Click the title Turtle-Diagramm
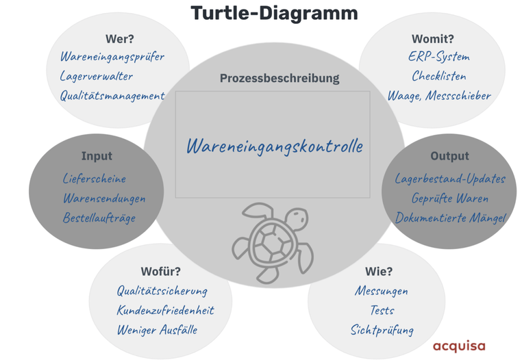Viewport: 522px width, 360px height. tap(273, 12)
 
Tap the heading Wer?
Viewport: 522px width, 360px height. tap(119, 38)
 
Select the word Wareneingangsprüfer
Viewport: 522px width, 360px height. tap(112, 57)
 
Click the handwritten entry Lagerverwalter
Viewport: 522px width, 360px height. tap(97, 77)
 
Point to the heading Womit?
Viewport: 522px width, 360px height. tap(432, 38)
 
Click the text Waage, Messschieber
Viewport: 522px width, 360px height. tap(439, 96)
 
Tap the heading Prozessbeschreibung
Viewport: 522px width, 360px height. tap(279, 78)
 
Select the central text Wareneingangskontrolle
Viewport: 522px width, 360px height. tap(274, 146)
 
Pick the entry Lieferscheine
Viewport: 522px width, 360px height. tap(94, 179)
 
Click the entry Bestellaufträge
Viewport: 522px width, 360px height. tap(99, 218)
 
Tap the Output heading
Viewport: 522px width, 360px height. tap(449, 156)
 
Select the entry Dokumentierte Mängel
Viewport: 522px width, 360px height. tap(450, 218)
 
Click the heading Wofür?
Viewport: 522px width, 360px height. tap(160, 271)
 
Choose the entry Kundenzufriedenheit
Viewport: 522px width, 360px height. tap(165, 310)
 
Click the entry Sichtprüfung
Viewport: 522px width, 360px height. tap(382, 330)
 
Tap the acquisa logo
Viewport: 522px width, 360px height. tap(458, 346)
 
